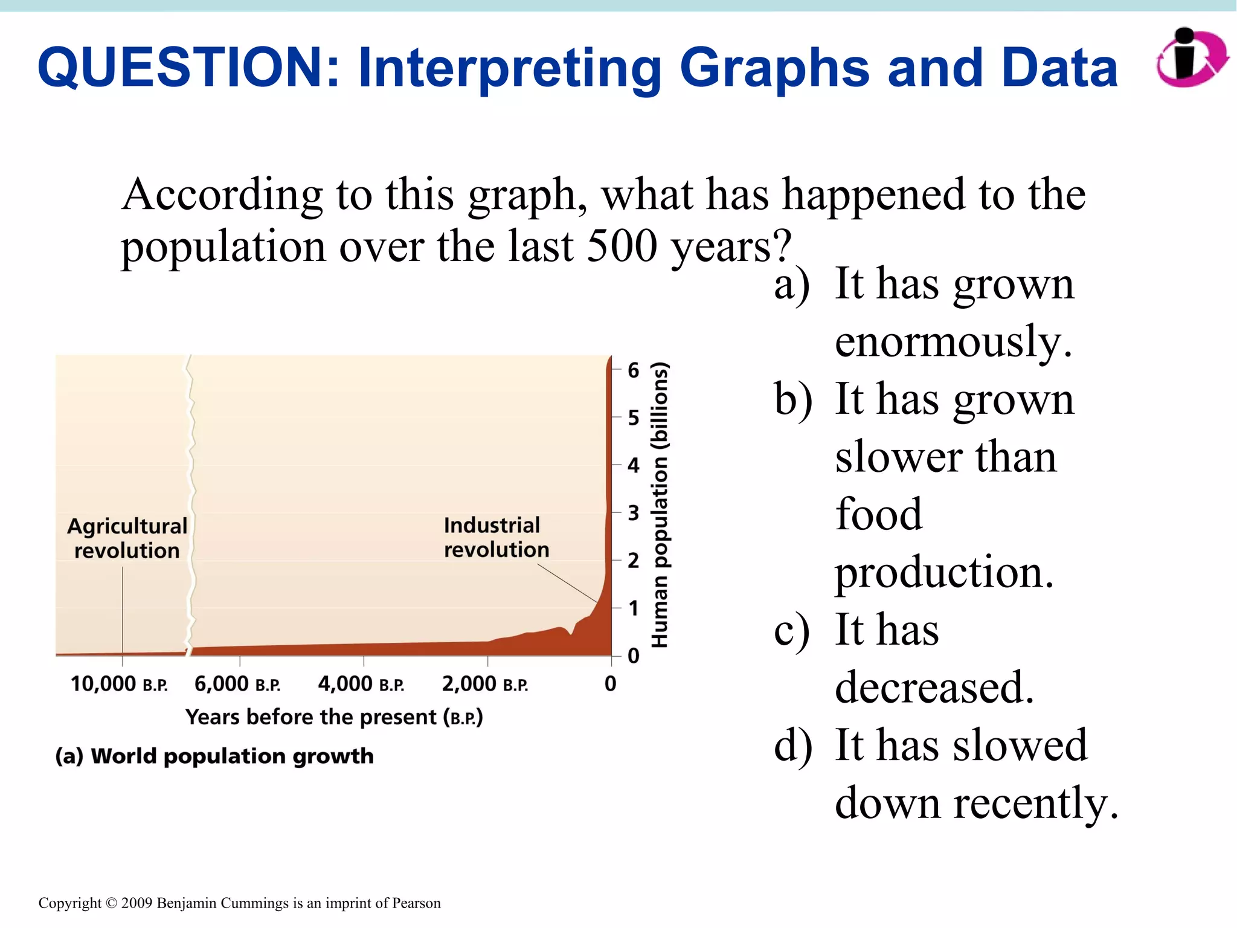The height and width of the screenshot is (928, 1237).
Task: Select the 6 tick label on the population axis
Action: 633,370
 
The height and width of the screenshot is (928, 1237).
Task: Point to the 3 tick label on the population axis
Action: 633,513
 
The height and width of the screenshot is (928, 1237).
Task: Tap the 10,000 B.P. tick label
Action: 119,684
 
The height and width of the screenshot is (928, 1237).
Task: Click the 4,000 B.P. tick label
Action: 361,684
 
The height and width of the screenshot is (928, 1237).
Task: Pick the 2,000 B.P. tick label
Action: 484,684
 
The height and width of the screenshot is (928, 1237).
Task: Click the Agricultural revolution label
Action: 127,538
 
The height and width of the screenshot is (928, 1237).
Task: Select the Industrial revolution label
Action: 495,537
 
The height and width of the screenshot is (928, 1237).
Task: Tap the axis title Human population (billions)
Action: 660,504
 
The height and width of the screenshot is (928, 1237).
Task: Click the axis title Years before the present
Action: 334,717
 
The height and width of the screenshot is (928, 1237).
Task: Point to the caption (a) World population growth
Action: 214,756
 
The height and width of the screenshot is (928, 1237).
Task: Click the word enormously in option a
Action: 953,342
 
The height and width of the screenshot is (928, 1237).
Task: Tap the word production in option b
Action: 944,572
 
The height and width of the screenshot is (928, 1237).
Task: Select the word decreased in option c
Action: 934,687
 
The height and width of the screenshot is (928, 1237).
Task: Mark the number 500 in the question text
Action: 622,246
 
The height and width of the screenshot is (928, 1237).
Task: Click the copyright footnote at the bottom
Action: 239,903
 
